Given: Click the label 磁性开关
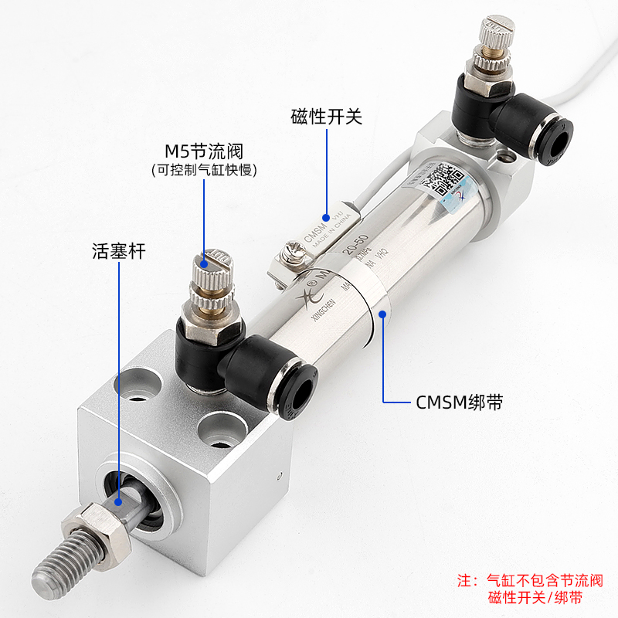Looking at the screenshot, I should click(326, 117).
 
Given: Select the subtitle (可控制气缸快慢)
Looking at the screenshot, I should click(204, 170).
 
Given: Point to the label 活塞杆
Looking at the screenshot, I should click(116, 251).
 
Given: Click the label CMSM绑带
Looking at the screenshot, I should click(453, 402).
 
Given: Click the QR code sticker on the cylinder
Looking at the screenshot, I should click(443, 182).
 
